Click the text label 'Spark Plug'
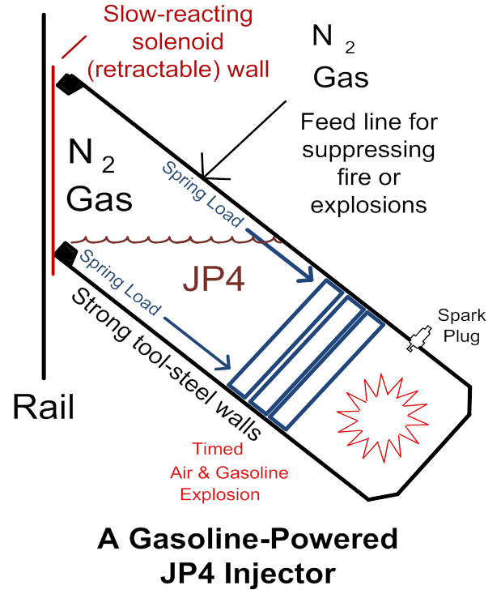pos(458,324)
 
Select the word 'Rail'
pos(43,406)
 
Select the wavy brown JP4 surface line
pos(175,240)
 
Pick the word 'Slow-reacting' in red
pos(177,15)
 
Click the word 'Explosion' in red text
pos(220,494)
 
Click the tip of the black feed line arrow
pos(205,177)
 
